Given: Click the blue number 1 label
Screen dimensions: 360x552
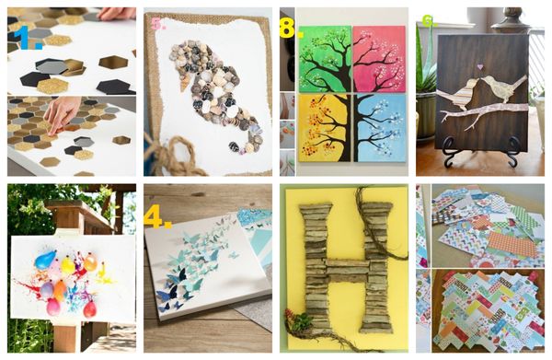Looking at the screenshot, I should [21, 38].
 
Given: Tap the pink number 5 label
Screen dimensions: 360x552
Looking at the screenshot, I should [157, 24].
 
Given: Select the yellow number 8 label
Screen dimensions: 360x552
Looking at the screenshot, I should [290, 29].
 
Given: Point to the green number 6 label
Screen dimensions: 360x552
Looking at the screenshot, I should [427, 21].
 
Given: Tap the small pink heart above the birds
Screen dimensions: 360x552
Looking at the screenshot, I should [478, 67].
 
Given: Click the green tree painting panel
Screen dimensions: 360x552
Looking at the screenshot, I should [324, 59].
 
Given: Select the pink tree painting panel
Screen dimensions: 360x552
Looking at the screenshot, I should [379, 59].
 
